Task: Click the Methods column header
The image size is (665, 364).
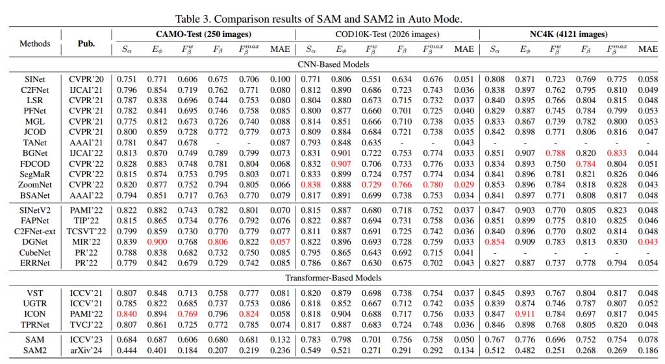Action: (35, 43)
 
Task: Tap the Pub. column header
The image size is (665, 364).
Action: (86, 43)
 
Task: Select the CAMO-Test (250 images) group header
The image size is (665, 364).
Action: (203, 34)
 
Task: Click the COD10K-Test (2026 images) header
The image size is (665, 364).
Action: (387, 34)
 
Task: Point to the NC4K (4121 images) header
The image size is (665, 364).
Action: (568, 34)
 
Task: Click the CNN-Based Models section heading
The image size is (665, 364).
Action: (333, 64)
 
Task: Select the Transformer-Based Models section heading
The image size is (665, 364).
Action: (333, 278)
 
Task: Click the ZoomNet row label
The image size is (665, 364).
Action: (35, 185)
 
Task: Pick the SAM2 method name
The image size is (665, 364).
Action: (35, 350)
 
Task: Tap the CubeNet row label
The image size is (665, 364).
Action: (35, 252)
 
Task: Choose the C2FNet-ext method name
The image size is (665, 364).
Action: (35, 232)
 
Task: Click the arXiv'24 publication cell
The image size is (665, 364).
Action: (86, 350)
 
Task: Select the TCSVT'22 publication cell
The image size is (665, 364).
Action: (86, 232)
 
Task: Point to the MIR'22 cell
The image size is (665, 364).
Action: (86, 242)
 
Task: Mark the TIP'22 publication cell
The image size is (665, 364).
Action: (86, 221)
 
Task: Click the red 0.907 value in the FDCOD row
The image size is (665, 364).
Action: (341, 164)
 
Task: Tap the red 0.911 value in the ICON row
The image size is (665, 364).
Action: (525, 314)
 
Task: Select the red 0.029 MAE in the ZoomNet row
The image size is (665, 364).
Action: (464, 185)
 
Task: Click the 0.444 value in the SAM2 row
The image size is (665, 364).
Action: (127, 350)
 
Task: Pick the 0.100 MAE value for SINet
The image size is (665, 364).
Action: (280, 79)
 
